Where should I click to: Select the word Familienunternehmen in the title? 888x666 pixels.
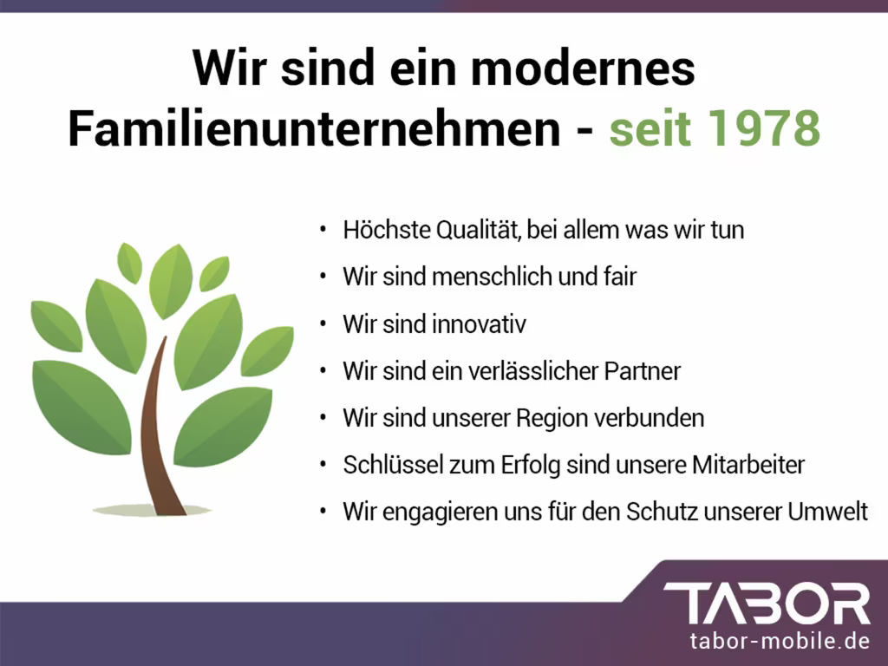(x=314, y=130)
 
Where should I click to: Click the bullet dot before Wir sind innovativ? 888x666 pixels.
(x=323, y=324)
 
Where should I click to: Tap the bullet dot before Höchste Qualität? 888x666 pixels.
(x=323, y=231)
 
